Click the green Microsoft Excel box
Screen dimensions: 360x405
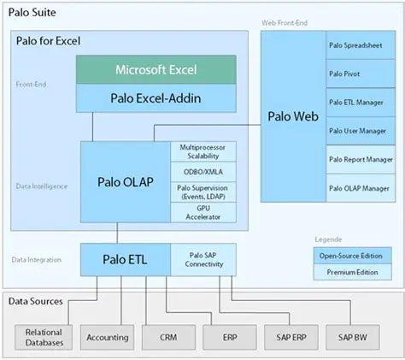click(x=156, y=70)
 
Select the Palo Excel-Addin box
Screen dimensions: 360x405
click(x=156, y=98)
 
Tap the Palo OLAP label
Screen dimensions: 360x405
click(x=125, y=183)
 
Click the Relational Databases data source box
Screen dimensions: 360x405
click(x=44, y=337)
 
